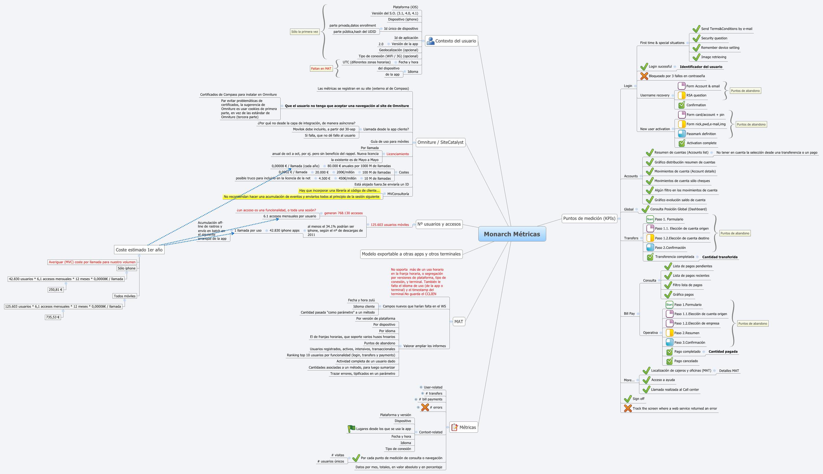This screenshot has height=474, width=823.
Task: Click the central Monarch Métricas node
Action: [512, 234]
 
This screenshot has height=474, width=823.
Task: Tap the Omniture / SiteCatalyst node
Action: [440, 142]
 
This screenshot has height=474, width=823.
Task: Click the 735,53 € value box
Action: [53, 317]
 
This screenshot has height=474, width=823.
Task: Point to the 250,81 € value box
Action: [56, 289]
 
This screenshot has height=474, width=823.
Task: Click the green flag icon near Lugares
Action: [351, 429]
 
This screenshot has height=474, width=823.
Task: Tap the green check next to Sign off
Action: [628, 399]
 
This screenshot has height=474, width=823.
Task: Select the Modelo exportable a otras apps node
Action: [411, 254]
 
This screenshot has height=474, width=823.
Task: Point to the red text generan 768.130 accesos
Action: [343, 213]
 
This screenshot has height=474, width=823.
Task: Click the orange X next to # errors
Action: [425, 407]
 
